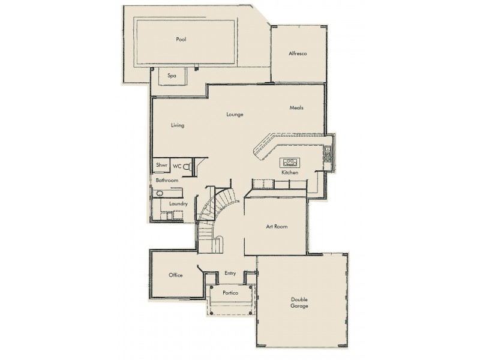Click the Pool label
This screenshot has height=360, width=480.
click(x=181, y=40)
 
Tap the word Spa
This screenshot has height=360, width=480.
click(x=172, y=76)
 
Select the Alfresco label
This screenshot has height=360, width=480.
click(x=298, y=54)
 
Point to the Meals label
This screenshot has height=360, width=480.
click(x=296, y=108)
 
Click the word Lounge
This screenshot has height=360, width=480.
click(x=235, y=114)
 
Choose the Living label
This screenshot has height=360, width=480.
click(x=177, y=125)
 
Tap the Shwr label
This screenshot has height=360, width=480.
click(x=161, y=165)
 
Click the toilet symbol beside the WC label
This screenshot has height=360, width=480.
click(x=187, y=166)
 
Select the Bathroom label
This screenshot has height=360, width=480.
click(x=167, y=180)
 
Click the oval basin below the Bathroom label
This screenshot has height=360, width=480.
click(x=160, y=194)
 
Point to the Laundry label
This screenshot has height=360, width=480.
click(x=178, y=204)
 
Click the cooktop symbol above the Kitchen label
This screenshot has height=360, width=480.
click(x=290, y=161)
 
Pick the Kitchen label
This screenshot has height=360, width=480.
click(x=290, y=173)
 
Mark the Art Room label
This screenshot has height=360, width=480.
click(x=277, y=227)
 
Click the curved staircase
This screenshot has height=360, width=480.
click(x=216, y=207)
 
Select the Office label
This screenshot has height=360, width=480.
click(x=175, y=275)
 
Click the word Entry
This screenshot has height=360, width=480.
click(x=230, y=273)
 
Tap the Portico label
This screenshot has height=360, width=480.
click(x=230, y=293)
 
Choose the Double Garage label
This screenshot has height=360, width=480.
click(x=299, y=302)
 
